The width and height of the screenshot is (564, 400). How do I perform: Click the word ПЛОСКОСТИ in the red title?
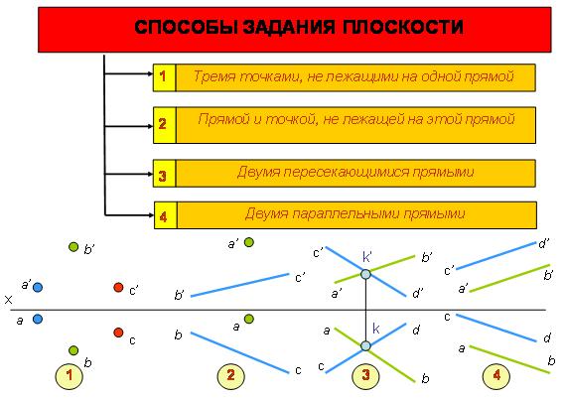[402, 28]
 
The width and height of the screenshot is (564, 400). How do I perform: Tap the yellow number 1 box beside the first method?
[165, 77]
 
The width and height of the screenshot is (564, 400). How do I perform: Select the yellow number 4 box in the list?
[166, 215]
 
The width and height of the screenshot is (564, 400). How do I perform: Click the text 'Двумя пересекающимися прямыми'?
[355, 172]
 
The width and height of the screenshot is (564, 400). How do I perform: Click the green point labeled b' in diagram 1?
[73, 247]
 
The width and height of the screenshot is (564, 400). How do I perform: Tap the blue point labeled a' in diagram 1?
[38, 288]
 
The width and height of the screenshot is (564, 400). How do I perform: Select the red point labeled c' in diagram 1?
[118, 287]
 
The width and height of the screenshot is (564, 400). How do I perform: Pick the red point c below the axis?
[118, 333]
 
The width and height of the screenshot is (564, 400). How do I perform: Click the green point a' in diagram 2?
[249, 242]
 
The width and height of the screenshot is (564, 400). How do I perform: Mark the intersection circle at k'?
[365, 275]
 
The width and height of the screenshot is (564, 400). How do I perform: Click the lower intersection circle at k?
[365, 346]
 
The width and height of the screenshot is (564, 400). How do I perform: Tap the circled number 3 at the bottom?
[365, 375]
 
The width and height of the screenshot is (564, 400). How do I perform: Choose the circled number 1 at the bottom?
[70, 375]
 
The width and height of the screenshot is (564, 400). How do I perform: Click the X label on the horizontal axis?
[8, 300]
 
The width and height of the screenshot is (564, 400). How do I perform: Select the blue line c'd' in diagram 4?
[496, 256]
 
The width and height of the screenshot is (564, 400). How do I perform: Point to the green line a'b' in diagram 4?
[510, 279]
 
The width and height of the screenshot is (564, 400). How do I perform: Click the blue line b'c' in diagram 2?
[240, 285]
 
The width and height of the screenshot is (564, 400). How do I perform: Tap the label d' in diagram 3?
[418, 293]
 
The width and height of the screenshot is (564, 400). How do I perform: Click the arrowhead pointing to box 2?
[150, 126]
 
